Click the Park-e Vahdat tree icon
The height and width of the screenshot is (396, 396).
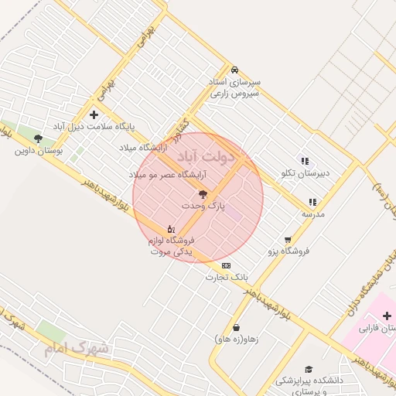[x=203, y=194]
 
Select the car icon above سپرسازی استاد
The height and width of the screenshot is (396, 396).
[x=234, y=69]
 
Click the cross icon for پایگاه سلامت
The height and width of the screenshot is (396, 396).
[x=94, y=114]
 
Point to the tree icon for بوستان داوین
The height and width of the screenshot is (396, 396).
[x=38, y=138]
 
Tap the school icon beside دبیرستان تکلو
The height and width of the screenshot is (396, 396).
[x=305, y=161]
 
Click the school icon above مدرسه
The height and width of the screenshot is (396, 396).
[x=312, y=202]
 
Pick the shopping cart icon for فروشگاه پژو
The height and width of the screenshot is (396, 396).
[x=288, y=240]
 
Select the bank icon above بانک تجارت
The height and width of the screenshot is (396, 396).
[x=226, y=265]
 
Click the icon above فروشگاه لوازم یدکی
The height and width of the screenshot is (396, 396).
[x=171, y=229]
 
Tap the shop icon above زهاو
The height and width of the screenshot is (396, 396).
[x=236, y=328]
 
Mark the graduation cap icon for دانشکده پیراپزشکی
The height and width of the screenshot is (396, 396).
[x=309, y=370]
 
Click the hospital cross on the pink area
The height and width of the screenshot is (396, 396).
[x=387, y=316]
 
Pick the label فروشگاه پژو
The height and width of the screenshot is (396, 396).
[x=288, y=251]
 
